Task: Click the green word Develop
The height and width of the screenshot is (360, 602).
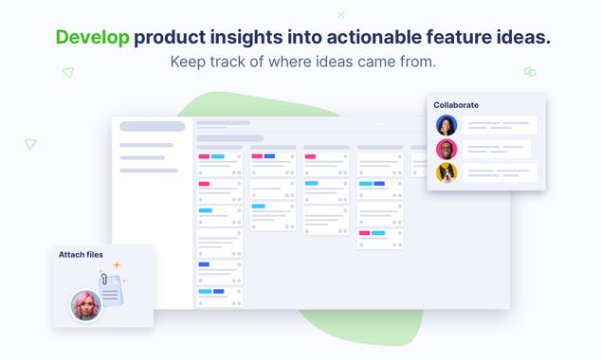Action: pyautogui.click(x=92, y=38)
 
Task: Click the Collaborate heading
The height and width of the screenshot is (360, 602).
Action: pyautogui.click(x=456, y=105)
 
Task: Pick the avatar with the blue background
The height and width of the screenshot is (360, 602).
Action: pyautogui.click(x=447, y=125)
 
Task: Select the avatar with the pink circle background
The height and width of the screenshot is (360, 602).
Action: pyautogui.click(x=447, y=149)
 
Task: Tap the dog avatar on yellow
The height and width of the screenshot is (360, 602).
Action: pyautogui.click(x=447, y=172)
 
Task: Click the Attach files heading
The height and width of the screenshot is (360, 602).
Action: pyautogui.click(x=81, y=255)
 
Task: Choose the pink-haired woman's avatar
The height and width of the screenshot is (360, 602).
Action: pyautogui.click(x=85, y=305)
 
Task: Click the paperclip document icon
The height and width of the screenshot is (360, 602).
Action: pyautogui.click(x=111, y=286)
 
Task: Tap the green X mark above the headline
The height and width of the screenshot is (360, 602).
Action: pyautogui.click(x=341, y=15)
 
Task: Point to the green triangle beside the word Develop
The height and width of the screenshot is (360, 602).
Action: pyautogui.click(x=67, y=72)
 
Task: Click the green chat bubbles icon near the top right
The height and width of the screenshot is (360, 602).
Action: pyautogui.click(x=530, y=72)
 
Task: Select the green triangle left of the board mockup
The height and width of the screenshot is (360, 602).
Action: pyautogui.click(x=30, y=144)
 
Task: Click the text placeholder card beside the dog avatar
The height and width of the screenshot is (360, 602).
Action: pyautogui.click(x=499, y=172)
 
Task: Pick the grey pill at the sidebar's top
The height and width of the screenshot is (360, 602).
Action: pyautogui.click(x=152, y=127)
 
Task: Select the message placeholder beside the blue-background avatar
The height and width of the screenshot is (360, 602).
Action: pyautogui.click(x=499, y=125)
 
